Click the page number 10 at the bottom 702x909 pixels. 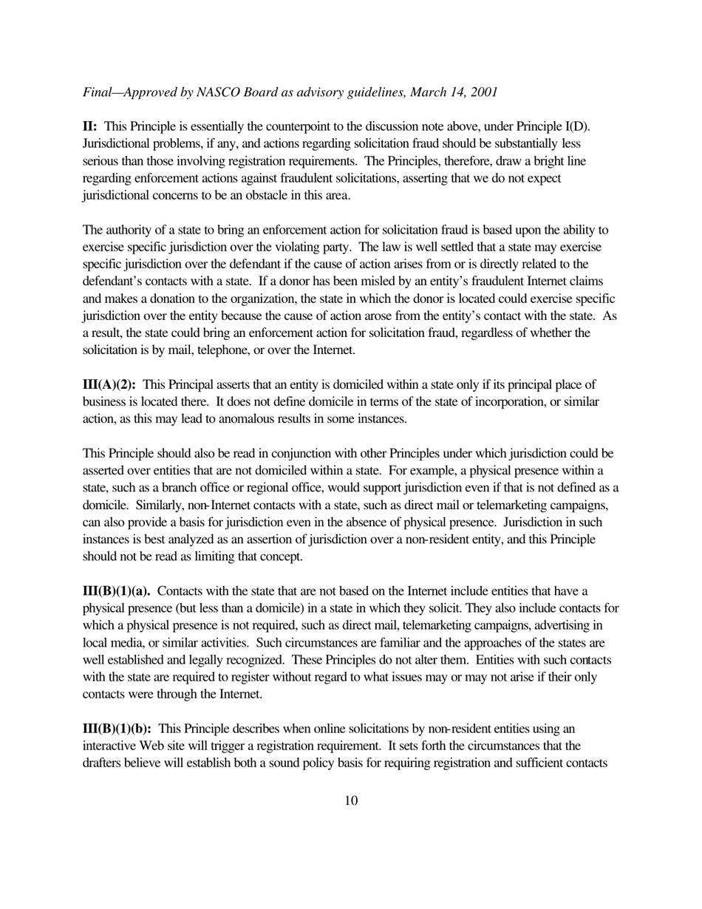[351, 800]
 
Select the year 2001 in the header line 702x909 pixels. [482, 92]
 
